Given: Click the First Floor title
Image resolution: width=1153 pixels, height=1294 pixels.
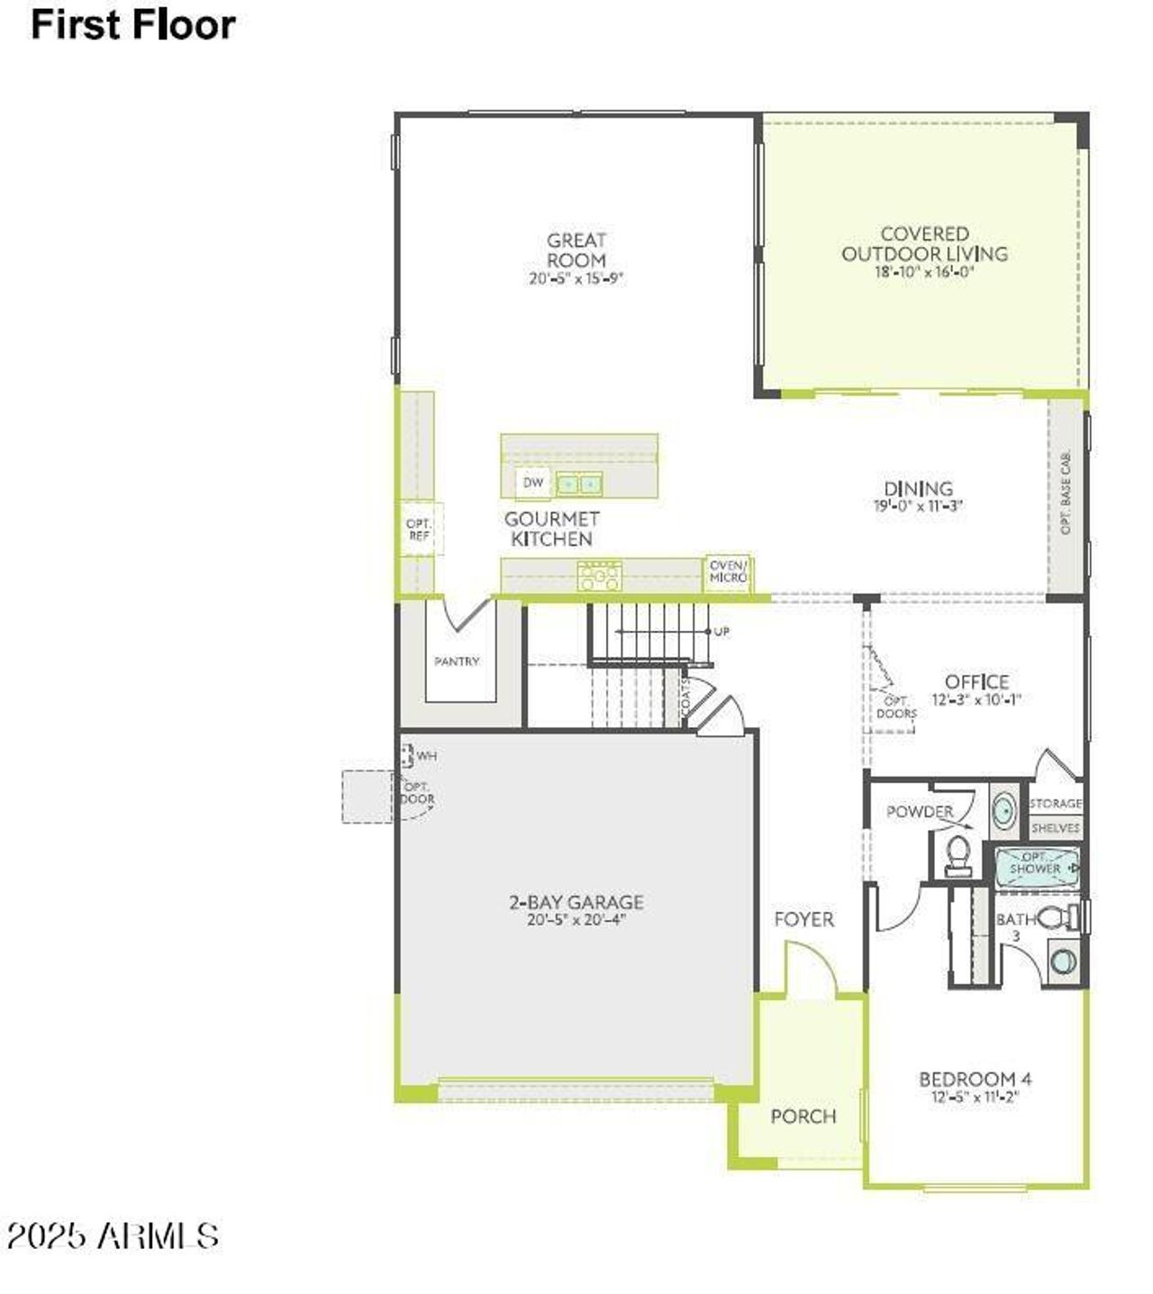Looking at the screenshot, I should (132, 24).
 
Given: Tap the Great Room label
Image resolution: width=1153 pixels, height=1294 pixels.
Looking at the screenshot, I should (576, 250).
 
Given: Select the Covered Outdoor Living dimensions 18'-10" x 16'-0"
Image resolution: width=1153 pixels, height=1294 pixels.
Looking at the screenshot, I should (924, 272).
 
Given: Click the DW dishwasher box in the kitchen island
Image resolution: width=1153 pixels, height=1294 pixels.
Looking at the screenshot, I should (534, 483).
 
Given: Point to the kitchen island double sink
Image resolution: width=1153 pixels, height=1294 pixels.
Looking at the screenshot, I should (578, 485).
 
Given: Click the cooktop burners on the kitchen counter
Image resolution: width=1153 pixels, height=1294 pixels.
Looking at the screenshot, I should (599, 575).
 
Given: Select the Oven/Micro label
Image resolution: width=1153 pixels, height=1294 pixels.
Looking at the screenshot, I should (728, 571).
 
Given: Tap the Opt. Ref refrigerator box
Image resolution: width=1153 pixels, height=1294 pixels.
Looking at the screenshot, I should (419, 530).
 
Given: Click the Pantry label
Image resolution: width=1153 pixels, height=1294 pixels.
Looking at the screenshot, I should (457, 661).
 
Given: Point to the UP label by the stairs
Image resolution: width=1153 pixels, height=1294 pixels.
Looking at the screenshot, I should (722, 632).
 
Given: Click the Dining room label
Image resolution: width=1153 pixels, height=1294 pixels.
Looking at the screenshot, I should (918, 488).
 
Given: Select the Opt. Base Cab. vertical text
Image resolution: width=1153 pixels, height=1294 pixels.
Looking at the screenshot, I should (1067, 493).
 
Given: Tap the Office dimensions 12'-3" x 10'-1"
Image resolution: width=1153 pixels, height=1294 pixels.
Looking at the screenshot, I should (976, 700).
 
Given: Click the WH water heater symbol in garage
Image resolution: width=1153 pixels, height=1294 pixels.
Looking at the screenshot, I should (407, 755).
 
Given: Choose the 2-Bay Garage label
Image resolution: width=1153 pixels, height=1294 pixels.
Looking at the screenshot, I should (576, 901).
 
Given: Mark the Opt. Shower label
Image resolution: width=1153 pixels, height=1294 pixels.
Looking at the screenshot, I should (1035, 863).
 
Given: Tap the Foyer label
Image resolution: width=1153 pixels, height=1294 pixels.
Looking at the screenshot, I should (803, 919).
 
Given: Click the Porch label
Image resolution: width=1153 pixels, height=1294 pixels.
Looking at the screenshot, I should (803, 1116).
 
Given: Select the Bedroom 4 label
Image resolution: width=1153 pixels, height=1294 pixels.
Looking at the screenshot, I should (975, 1079).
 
